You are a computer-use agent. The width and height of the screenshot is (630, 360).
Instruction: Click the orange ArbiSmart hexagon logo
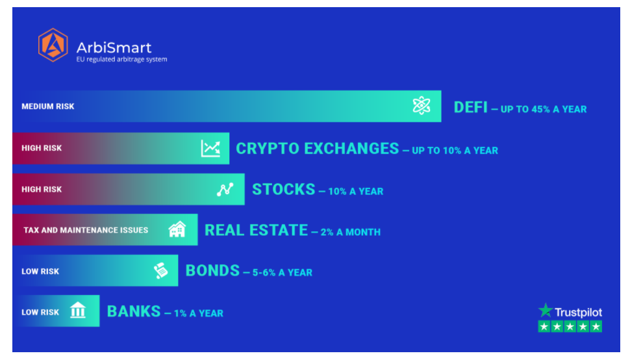point(53,45)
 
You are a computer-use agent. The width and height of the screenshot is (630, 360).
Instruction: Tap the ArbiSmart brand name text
point(114,48)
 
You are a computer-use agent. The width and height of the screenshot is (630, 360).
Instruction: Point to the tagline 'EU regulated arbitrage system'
point(121,60)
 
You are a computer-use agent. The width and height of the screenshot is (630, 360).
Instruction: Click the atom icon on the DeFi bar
point(422,106)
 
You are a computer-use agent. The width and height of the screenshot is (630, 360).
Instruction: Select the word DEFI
point(470,107)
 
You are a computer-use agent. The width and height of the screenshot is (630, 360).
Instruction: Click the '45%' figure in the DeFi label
point(540,109)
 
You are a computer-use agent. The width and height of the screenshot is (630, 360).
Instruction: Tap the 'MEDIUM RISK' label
point(48,107)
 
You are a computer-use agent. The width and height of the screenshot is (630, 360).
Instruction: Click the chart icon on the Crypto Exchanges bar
point(210,148)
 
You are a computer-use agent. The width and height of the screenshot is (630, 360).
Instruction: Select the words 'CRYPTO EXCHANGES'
point(318,149)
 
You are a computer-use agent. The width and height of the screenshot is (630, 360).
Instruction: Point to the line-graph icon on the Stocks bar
point(225,189)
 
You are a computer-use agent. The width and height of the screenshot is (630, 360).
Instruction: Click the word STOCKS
point(284,189)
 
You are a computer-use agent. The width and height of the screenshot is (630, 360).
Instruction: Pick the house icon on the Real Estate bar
point(177,229)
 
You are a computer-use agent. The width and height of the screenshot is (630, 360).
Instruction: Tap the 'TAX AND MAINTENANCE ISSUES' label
point(86,230)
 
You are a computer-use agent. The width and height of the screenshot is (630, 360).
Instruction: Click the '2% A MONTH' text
point(350,232)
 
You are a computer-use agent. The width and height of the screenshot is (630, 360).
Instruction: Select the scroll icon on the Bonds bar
point(161,270)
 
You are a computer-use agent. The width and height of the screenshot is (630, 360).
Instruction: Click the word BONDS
point(212,271)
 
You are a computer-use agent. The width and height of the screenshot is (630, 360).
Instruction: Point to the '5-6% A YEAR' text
point(283,272)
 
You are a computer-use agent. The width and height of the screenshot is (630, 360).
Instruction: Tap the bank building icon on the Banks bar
point(78,310)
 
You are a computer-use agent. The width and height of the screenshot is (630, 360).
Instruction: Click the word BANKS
point(134,311)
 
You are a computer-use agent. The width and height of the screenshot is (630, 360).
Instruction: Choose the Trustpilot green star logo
point(545,310)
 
